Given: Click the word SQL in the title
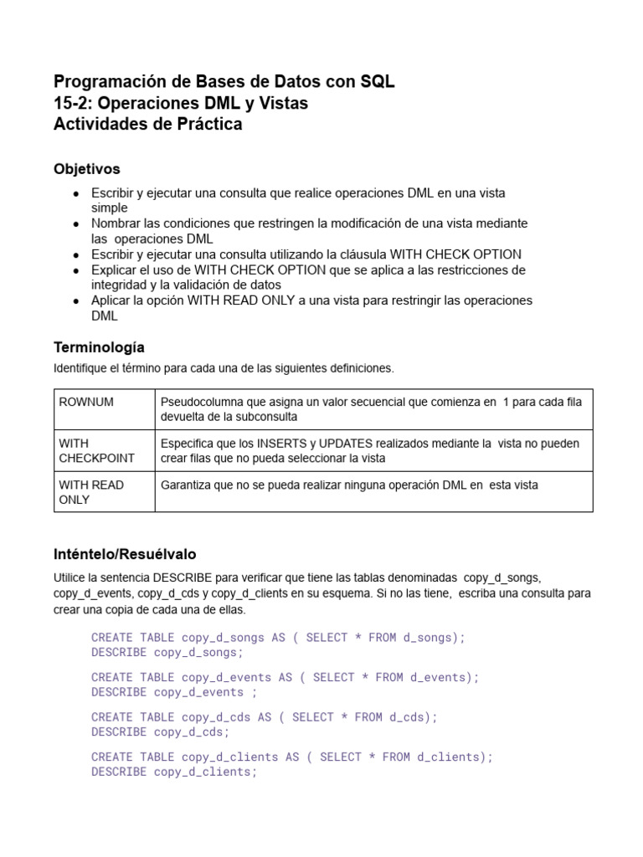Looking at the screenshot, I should [378, 82].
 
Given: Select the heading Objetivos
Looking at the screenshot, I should [87, 169].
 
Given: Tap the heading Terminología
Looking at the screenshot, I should [99, 346].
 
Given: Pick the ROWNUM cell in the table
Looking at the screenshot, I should [86, 402].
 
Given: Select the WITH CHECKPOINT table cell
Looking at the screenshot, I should [96, 450].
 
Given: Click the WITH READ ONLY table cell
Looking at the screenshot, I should [91, 492].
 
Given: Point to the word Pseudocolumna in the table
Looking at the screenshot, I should [198, 402].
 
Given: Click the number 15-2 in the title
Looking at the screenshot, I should [71, 103].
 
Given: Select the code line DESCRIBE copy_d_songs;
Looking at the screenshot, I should [167, 653].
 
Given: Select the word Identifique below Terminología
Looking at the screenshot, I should [81, 367].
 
